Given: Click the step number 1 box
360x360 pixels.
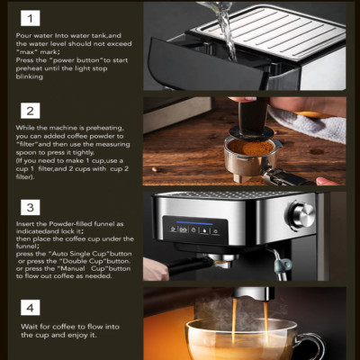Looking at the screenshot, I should click(30, 17).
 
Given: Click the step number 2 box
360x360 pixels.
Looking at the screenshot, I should click(30, 111).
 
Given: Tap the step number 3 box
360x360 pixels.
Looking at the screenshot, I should click(30, 208).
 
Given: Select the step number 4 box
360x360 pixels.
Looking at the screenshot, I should click(30, 307).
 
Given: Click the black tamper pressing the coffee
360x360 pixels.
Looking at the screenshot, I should click(214, 126).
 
